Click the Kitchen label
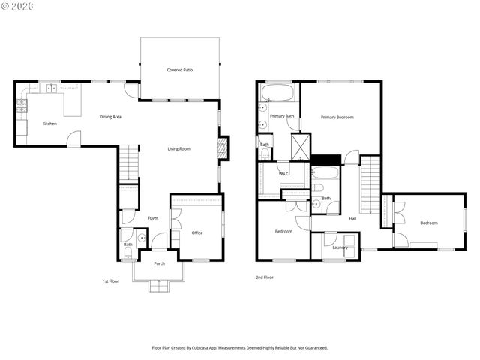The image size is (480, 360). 49,124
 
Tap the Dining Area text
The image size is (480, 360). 111,117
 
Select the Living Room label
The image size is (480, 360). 178,149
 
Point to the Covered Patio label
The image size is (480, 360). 180,70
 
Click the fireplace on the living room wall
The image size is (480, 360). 222,148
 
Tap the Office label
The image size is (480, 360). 197,233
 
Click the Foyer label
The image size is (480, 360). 152,218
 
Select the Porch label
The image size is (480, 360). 159,264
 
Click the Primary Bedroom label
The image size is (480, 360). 337,118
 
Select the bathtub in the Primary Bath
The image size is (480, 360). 279,94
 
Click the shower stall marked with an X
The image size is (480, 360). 300,142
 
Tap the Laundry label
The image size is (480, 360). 340,247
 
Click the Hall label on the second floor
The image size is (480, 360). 352,219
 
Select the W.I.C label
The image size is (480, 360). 284,174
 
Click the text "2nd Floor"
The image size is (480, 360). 264,277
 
